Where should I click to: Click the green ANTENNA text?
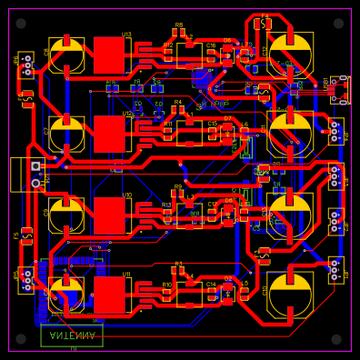(x=72, y=335)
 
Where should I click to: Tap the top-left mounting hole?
(x=21, y=23)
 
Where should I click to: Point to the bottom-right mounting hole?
(x=336, y=339)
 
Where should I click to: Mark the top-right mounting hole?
(x=337, y=23)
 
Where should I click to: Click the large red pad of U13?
(x=109, y=55)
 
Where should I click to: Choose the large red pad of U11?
(x=109, y=294)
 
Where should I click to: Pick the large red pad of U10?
(x=109, y=215)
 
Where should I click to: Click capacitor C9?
(x=66, y=215)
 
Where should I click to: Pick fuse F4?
(x=27, y=95)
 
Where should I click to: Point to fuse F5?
(x=27, y=235)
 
